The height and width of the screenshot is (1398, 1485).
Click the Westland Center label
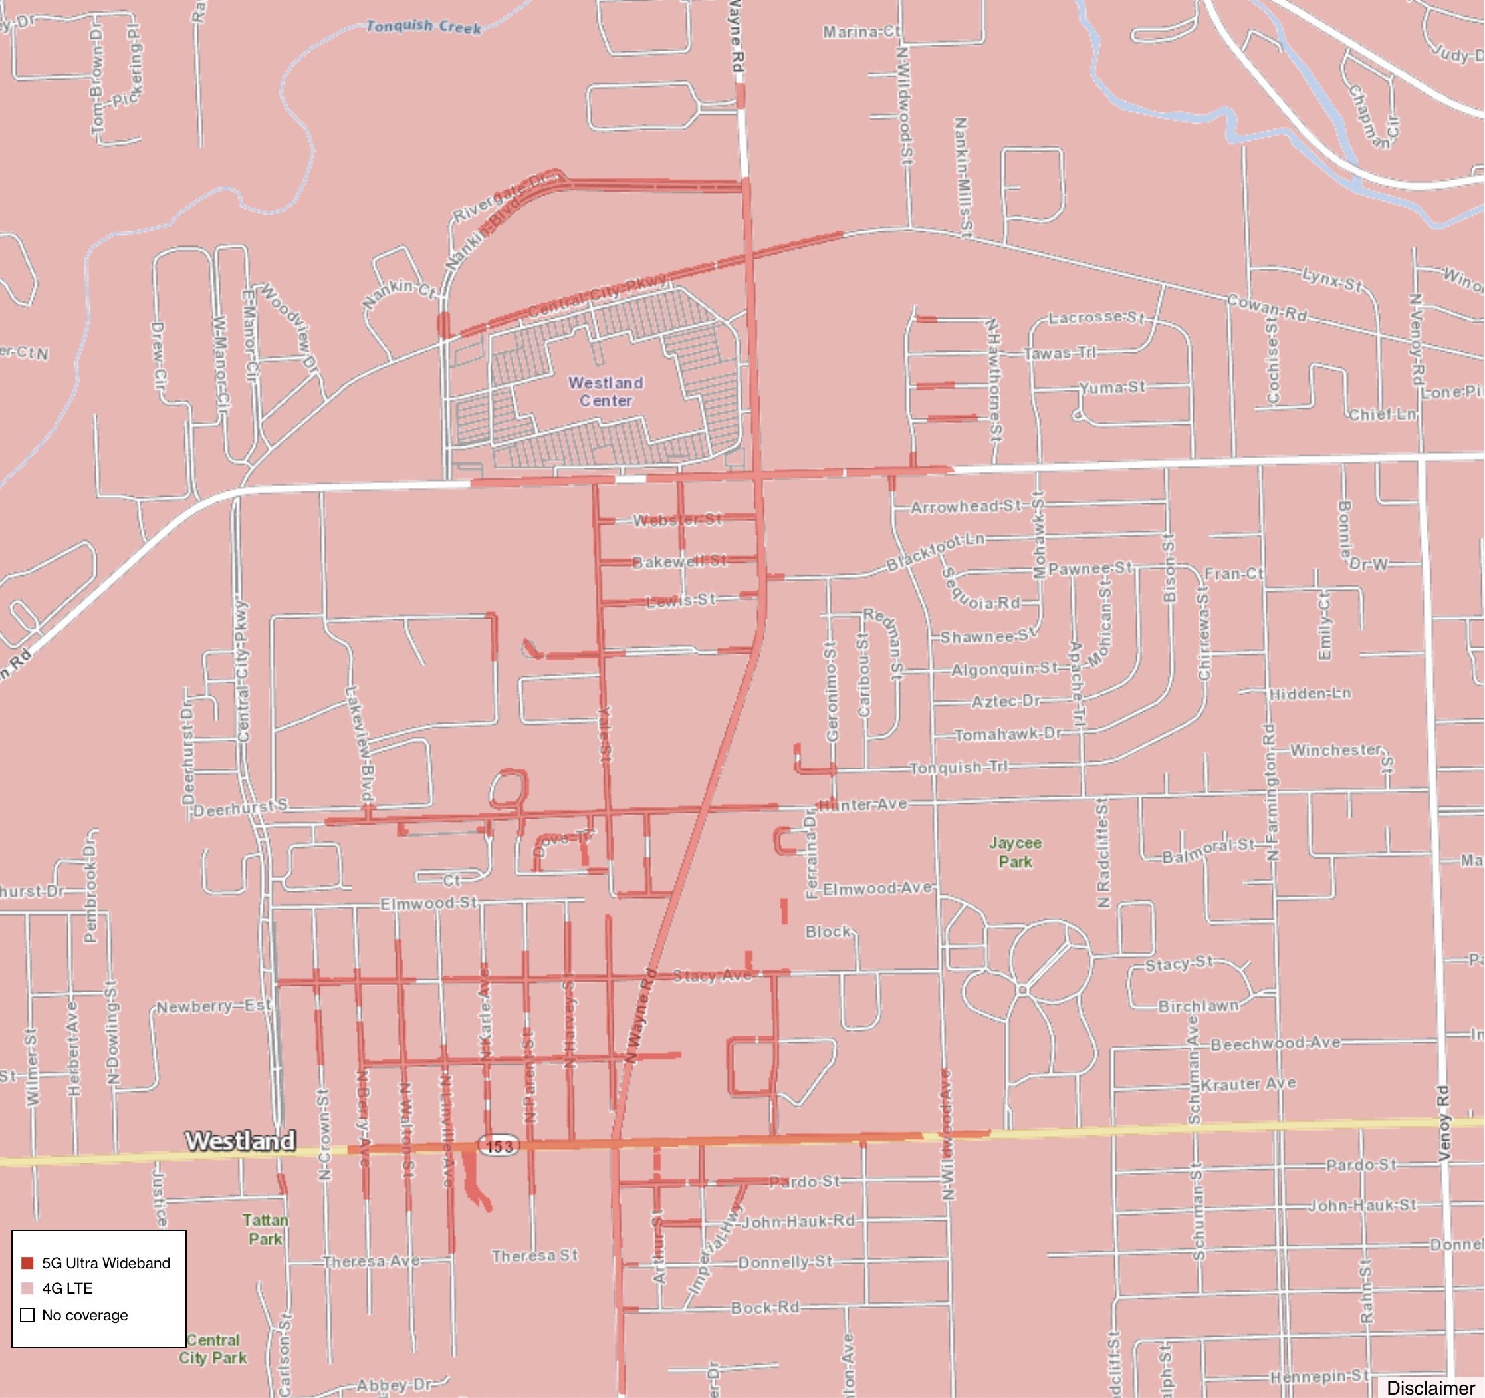606,392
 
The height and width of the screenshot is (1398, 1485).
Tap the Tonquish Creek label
423,27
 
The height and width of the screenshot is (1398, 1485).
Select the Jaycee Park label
1015,852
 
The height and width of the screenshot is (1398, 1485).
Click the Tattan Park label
265,1229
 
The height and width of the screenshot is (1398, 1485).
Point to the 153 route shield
499,1145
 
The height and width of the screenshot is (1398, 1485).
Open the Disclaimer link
1430,1387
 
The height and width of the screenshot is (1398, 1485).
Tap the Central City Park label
213,1349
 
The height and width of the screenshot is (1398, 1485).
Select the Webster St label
677,519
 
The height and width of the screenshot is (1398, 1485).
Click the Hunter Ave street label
863,805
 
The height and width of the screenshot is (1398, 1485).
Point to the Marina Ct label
861,32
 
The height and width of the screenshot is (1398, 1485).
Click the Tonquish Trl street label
959,768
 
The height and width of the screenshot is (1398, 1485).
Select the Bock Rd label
765,1308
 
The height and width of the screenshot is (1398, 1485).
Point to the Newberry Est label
213,1006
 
